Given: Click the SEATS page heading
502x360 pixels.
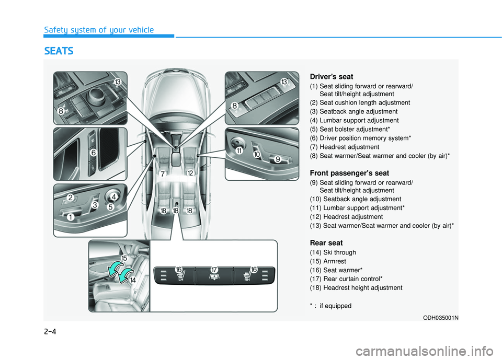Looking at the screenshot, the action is pyautogui.click(x=59, y=51).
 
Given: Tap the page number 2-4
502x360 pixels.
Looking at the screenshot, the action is pyautogui.click(x=50, y=331).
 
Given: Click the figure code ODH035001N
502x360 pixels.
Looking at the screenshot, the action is pyautogui.click(x=440, y=318).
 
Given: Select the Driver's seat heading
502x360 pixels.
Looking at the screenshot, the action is pyautogui.click(x=332, y=77).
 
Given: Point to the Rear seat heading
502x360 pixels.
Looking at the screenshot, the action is pyautogui.click(x=326, y=243).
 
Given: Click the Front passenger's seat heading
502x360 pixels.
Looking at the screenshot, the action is pyautogui.click(x=349, y=173).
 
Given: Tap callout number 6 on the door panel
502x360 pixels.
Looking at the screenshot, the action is pyautogui.click(x=93, y=153).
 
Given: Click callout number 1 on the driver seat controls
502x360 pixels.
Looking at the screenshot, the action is pyautogui.click(x=71, y=217).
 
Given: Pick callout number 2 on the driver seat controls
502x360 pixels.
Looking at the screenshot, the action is pyautogui.click(x=71, y=198).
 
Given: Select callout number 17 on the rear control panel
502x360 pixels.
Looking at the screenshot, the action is pyautogui.click(x=214, y=270).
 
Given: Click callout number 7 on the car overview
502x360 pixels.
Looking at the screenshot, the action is pyautogui.click(x=163, y=174).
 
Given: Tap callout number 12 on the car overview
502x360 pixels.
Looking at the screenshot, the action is pyautogui.click(x=190, y=173).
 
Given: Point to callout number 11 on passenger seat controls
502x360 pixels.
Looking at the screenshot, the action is pyautogui.click(x=239, y=150).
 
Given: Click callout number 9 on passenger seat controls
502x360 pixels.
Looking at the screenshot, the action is pyautogui.click(x=278, y=159).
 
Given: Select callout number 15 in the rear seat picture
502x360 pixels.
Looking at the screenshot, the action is pyautogui.click(x=124, y=258).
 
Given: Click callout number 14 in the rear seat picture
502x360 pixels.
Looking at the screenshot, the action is pyautogui.click(x=133, y=280).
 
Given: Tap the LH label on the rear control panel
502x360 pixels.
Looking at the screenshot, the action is pyautogui.click(x=181, y=280).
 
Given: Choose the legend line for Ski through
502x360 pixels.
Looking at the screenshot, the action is pyautogui.click(x=333, y=252).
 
